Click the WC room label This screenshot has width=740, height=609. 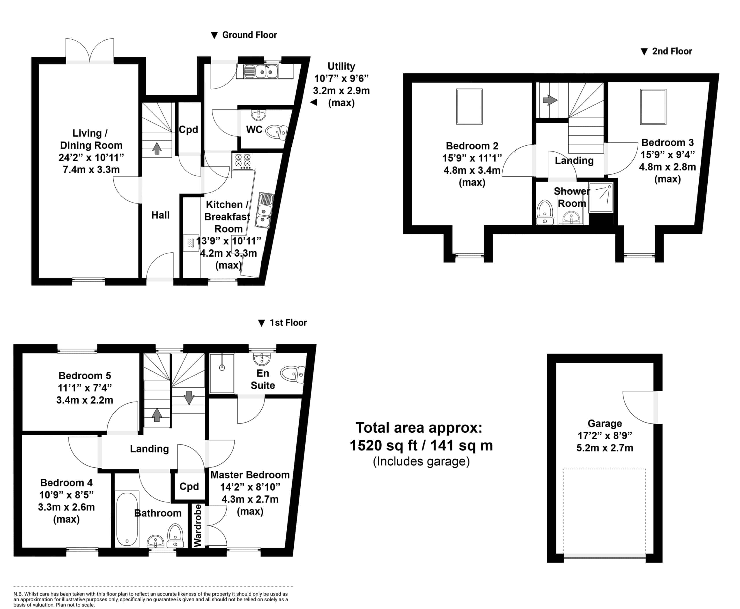[x=254, y=129]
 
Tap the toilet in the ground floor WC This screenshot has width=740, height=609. [x=276, y=132]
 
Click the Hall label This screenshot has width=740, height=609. [x=160, y=215]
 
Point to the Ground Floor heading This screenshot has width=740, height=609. [x=249, y=35]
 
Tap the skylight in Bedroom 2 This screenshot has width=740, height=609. [x=469, y=107]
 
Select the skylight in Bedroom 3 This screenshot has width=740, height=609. [x=653, y=107]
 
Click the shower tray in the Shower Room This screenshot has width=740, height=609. [x=601, y=197]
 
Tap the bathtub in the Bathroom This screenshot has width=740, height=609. [x=127, y=519]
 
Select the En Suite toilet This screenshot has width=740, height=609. [x=293, y=374]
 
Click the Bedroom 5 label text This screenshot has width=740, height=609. [x=85, y=376]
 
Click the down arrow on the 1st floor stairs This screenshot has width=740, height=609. [x=189, y=397]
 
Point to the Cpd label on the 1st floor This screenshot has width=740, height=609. [x=189, y=486]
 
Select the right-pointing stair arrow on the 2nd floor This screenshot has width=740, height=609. [x=550, y=100]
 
